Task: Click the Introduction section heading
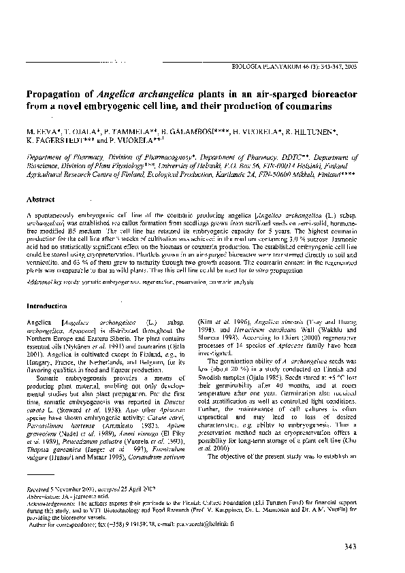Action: point(45,306)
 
